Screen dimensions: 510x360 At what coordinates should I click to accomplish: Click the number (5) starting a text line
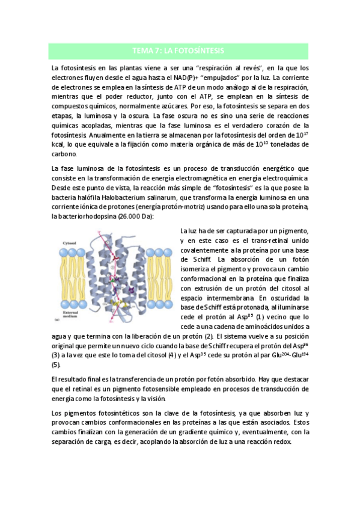coord(56,364)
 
